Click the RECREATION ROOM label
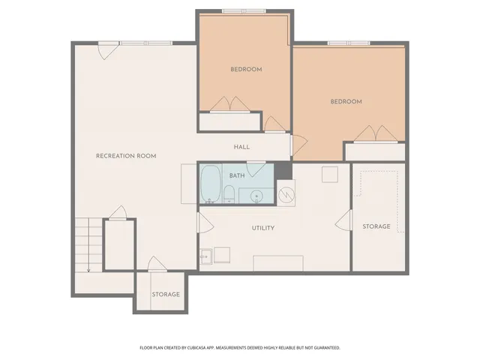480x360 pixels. (x=126, y=156)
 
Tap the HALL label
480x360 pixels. (x=241, y=147)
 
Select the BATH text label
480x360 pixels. (x=237, y=175)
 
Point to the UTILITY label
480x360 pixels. (x=263, y=228)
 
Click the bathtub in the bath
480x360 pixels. (x=211, y=184)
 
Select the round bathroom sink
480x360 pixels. (x=256, y=196)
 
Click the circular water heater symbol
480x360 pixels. (x=286, y=194)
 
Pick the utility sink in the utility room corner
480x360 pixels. (x=205, y=256)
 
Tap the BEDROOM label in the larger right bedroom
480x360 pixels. (x=346, y=101)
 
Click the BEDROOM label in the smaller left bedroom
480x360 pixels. (x=246, y=69)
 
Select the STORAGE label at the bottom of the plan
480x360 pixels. (x=166, y=294)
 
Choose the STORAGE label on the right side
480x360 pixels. (x=376, y=226)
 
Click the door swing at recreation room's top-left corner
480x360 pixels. (x=107, y=51)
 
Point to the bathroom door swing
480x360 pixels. (x=256, y=169)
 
